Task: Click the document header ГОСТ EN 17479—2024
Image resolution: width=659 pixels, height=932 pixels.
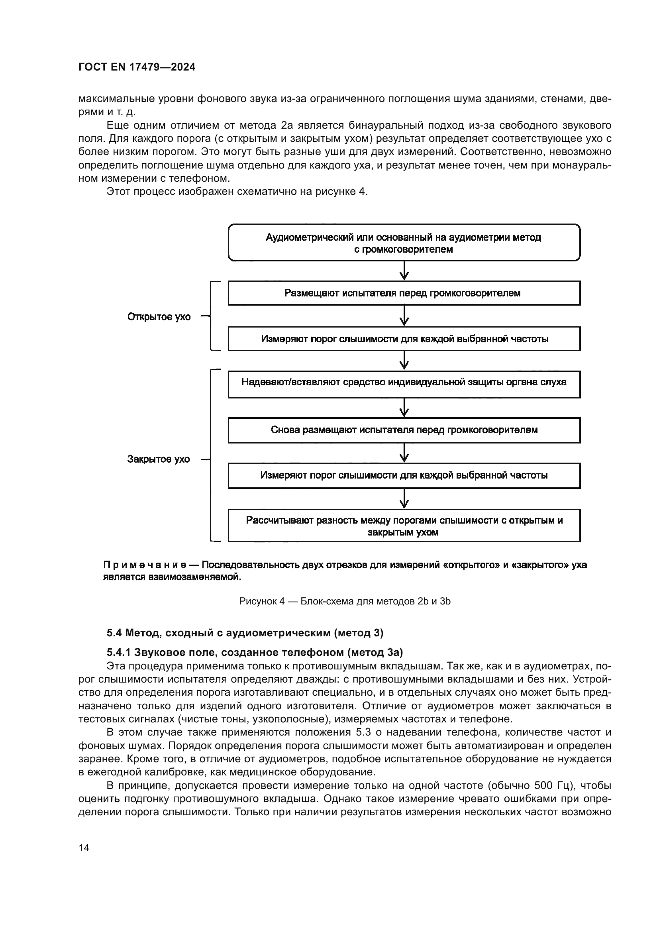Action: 137,67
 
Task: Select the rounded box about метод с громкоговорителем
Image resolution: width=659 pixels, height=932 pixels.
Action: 404,243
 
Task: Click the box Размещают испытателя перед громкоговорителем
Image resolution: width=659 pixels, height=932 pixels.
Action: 404,293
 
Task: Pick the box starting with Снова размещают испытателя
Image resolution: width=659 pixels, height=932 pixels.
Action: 404,430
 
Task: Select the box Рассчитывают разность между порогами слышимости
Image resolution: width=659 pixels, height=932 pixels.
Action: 404,526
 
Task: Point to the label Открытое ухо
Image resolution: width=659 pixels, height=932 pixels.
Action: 159,317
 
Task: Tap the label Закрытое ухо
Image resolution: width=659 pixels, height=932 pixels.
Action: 158,459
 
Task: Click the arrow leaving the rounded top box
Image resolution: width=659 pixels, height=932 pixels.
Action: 404,271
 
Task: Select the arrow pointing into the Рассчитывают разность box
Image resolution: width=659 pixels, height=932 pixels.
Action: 404,498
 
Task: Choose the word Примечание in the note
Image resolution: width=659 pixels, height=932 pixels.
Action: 145,565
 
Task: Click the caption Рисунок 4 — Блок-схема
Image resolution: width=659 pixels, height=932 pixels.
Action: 345,601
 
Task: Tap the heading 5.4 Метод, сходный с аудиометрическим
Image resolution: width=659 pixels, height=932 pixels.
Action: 245,632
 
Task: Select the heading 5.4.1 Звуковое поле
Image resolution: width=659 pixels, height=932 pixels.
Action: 255,652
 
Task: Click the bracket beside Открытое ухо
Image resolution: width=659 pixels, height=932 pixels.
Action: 212,316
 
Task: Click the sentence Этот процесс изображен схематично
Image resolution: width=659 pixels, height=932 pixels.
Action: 237,192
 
